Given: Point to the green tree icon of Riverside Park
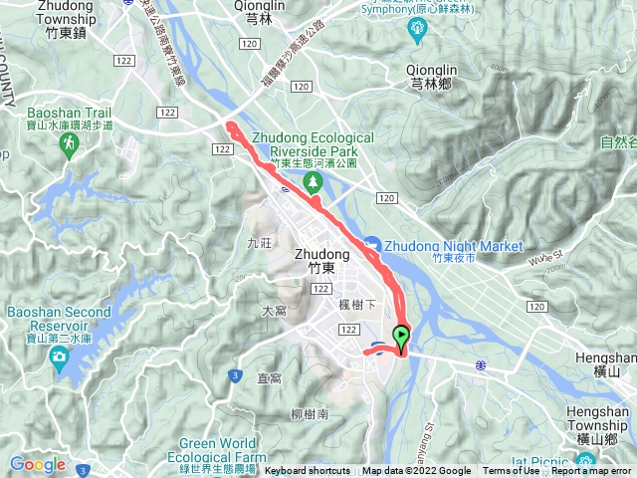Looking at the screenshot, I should coord(313,181).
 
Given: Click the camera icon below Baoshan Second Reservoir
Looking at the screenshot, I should coord(60,356).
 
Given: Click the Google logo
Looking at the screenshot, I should coord(37,464).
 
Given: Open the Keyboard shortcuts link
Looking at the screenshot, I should coord(308,471).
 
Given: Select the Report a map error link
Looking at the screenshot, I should coord(591,471).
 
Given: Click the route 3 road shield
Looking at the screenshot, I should coord(235,374).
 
